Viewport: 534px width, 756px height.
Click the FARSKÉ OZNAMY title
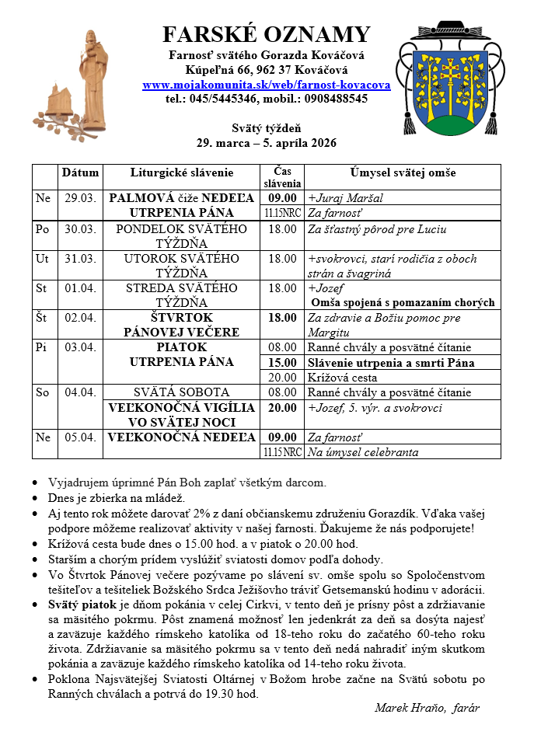266,35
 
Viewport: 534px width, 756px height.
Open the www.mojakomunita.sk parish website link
266,85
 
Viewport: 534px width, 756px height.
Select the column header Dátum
80,172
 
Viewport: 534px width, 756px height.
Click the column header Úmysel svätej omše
402,172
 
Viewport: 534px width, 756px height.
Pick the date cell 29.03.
80,198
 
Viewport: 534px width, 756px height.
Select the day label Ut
43,258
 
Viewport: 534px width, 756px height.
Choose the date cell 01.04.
80,288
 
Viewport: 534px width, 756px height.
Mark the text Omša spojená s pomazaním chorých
403,302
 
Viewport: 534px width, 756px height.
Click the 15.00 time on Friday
282,363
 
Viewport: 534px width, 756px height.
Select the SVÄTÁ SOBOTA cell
181,392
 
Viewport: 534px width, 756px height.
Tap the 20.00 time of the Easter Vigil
282,407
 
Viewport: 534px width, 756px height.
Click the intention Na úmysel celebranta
363,452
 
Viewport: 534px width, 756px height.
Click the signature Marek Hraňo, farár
427,708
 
